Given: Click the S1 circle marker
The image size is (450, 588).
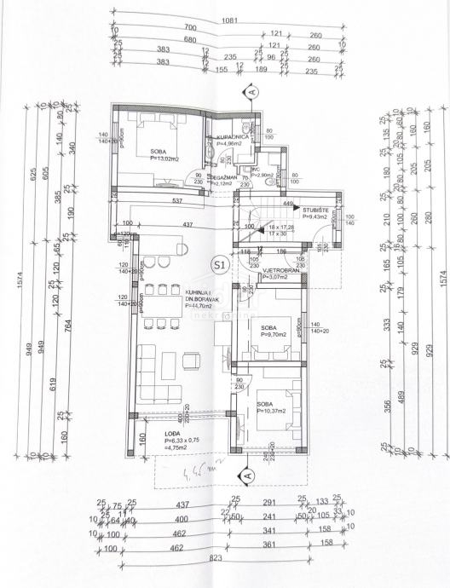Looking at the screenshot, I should click(x=219, y=265).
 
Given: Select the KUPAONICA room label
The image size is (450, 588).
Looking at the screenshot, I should click(x=232, y=136).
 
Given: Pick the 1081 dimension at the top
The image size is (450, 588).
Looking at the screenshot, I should click(x=224, y=18).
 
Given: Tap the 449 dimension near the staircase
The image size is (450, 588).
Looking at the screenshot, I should click(x=288, y=204).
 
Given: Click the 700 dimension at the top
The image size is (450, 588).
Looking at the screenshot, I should click(x=189, y=28).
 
